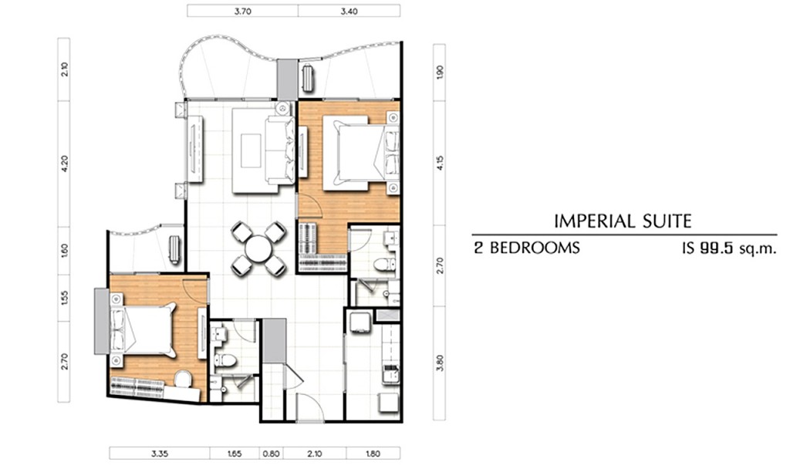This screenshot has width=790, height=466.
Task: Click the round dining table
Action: pyautogui.click(x=258, y=249)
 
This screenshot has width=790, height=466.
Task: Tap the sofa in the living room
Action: pyautogui.click(x=279, y=150)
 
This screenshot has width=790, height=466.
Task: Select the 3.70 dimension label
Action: pyautogui.click(x=243, y=11)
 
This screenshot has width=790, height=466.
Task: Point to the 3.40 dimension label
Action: pyautogui.click(x=349, y=11)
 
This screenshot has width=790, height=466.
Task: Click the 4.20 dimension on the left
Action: pyautogui.click(x=64, y=164)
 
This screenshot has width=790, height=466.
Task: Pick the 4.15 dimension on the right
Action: pyautogui.click(x=440, y=163)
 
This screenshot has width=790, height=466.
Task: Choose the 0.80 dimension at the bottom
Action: pyautogui.click(x=271, y=454)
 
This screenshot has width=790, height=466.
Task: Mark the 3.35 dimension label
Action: pyautogui.click(x=159, y=454)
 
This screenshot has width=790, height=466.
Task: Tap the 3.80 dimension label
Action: pyautogui.click(x=440, y=363)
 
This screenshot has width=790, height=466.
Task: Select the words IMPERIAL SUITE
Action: pyautogui.click(x=623, y=221)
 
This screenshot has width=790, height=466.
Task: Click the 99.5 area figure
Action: pyautogui.click(x=715, y=248)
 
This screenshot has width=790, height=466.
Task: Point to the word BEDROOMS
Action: pyautogui.click(x=535, y=248)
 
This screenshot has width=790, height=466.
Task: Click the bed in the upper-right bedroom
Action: pyautogui.click(x=361, y=153)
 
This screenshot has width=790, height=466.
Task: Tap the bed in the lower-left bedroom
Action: pyautogui.click(x=143, y=330)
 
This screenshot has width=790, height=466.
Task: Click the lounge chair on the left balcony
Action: pyautogui.click(x=174, y=249)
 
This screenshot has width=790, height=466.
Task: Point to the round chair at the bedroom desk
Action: pyautogui.click(x=182, y=379)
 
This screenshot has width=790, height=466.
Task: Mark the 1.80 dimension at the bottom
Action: pyautogui.click(x=373, y=454)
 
